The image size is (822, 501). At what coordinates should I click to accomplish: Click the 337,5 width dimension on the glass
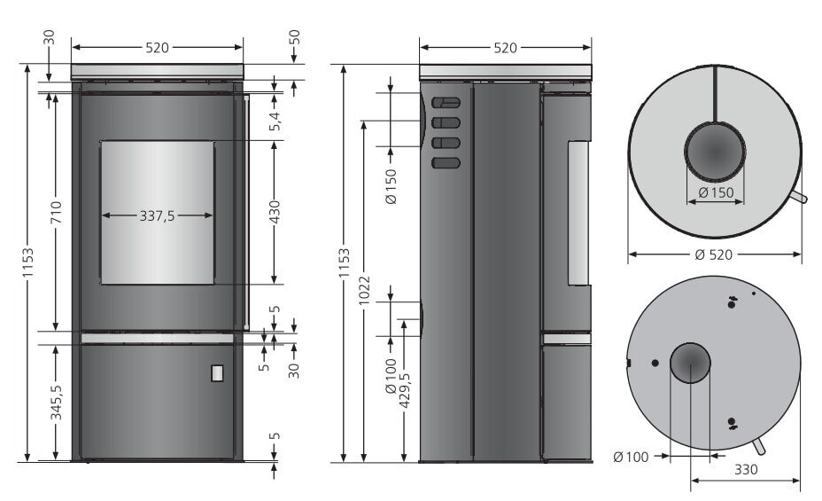coord(157,215)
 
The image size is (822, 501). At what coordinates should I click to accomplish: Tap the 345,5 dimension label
coord(56,403)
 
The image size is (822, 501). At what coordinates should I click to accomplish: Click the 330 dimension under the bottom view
coord(745,470)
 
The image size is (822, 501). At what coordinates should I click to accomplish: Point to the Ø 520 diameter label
coord(714,254)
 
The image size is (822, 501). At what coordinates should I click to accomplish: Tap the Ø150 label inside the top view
coord(714,192)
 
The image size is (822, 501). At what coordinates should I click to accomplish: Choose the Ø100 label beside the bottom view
coord(631,458)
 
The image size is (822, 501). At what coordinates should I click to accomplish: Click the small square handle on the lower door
coord(217,373)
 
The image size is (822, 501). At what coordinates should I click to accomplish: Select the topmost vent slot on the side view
coord(446,103)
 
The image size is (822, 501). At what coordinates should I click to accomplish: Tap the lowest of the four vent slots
coord(446,162)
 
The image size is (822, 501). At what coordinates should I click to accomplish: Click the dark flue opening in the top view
coord(714,152)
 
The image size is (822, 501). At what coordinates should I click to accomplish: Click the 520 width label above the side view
coord(504,48)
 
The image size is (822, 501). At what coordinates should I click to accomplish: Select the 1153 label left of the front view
coord(27,262)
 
